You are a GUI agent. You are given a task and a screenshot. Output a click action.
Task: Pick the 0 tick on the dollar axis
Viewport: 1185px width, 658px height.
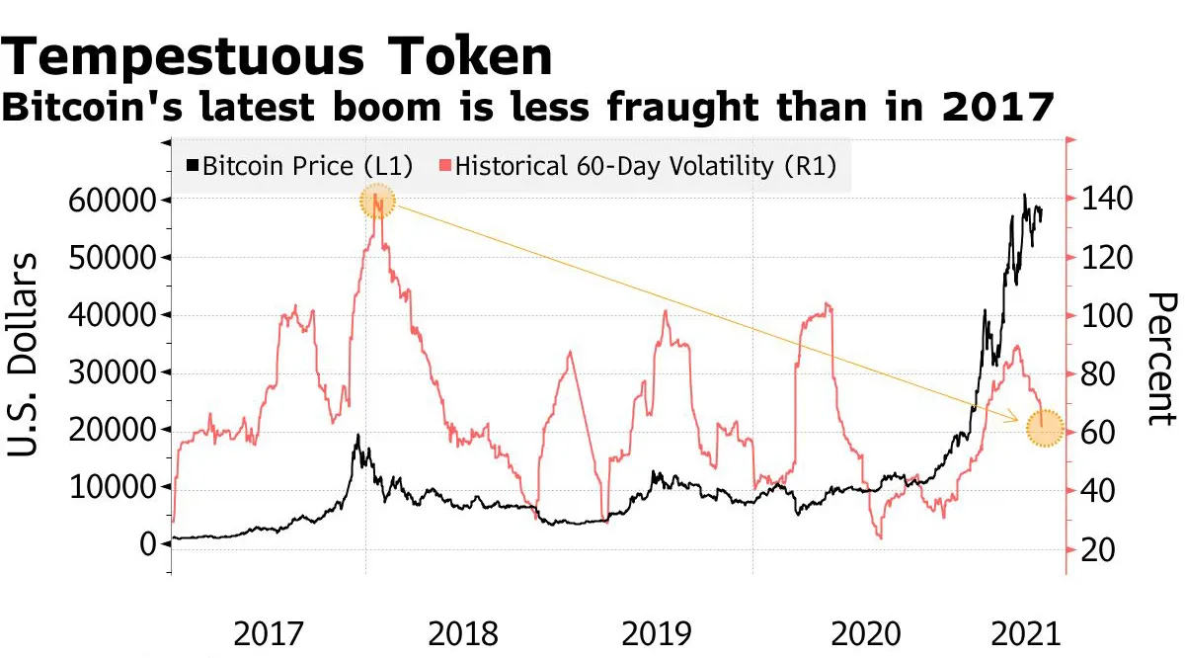149,544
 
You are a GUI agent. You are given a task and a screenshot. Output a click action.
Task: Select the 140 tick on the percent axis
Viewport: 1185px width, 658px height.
1102,201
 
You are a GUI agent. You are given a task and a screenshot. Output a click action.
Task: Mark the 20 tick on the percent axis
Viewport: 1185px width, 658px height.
1094,550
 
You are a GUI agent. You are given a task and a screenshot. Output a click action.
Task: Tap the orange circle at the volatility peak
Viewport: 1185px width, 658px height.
376,204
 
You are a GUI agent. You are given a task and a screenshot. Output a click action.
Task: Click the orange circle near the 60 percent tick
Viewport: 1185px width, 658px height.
1044,429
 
